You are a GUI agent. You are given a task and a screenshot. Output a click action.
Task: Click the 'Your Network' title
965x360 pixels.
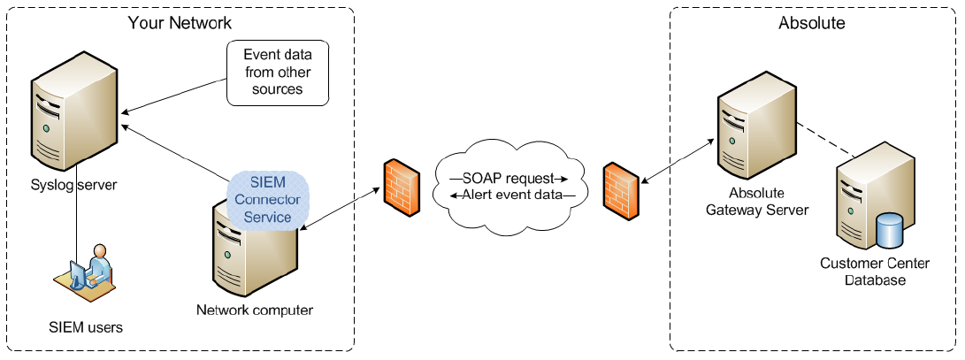180,22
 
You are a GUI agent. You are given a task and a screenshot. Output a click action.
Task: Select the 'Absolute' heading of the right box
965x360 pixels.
811,23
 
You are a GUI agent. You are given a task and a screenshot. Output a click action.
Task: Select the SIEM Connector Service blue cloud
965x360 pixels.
269,200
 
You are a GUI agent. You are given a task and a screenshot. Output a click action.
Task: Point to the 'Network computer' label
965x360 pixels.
255,310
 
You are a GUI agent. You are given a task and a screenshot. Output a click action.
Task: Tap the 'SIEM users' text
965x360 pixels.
85,327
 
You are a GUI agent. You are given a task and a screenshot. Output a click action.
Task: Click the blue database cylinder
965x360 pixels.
889,232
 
